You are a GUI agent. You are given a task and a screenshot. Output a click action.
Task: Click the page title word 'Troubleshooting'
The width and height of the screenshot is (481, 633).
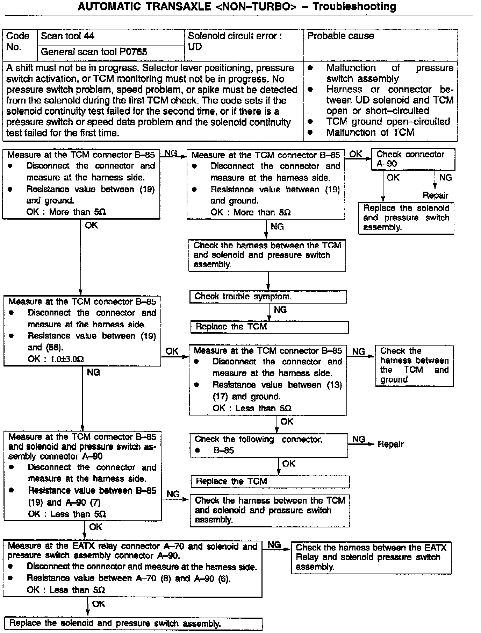click(x=354, y=7)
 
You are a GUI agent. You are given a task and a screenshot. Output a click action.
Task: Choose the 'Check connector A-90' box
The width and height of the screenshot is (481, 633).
click(x=412, y=159)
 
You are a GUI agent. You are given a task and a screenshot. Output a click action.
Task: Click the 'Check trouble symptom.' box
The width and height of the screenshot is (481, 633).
click(x=268, y=297)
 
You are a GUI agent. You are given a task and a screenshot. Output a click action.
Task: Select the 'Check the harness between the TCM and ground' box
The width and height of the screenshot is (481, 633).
click(x=414, y=365)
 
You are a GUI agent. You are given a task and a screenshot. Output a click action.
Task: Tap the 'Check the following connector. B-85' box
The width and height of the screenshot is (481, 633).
click(x=268, y=445)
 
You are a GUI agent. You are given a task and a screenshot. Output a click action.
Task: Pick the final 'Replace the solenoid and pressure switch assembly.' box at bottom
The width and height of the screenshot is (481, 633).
click(x=133, y=624)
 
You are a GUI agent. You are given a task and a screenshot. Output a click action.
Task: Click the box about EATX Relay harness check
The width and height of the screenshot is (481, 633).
click(x=371, y=557)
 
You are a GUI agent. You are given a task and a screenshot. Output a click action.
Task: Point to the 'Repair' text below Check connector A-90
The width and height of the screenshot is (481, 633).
click(x=435, y=195)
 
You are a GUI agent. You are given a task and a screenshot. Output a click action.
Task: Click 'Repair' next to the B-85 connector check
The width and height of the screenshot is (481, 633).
click(x=390, y=444)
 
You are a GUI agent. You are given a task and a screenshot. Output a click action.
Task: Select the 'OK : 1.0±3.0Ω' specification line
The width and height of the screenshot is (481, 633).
click(x=56, y=359)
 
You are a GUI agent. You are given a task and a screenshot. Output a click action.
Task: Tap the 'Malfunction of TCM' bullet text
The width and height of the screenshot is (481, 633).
click(x=370, y=133)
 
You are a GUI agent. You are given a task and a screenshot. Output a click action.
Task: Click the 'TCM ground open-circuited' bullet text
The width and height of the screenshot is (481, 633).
click(x=388, y=122)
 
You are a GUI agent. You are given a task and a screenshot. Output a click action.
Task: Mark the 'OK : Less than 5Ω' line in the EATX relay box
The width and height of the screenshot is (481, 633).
click(x=66, y=590)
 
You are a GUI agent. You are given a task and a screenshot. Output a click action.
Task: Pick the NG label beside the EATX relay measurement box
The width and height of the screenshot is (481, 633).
click(x=274, y=545)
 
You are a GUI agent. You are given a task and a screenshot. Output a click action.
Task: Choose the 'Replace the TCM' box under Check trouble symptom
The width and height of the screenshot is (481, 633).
click(x=269, y=327)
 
